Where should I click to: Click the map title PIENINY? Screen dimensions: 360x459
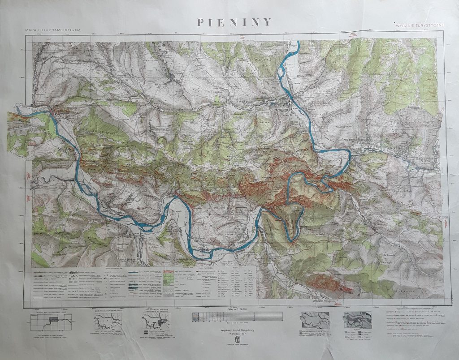234,22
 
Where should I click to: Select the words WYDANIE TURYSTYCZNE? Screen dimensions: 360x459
420,26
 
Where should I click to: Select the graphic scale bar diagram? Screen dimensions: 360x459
237,317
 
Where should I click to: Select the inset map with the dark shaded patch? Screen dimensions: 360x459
156,321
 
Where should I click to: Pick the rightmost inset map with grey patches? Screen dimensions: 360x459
357,320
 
